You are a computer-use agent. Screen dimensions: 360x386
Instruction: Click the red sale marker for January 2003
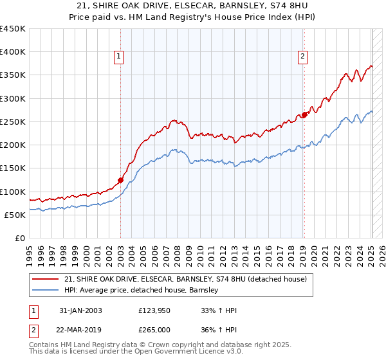[x=120, y=181]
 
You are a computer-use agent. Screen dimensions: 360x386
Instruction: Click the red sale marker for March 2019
[x=304, y=115]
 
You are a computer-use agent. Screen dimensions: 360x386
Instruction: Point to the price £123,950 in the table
[x=154, y=310]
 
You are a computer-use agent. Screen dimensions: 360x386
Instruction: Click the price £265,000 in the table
[x=154, y=330]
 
